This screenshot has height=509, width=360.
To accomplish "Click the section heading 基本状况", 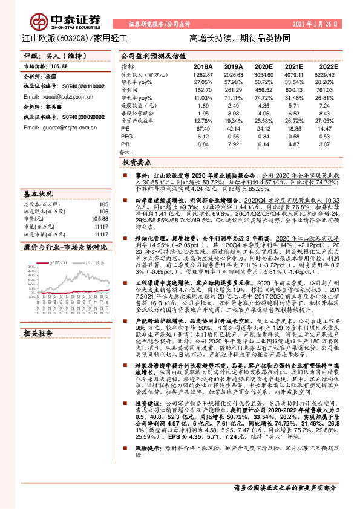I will (x=38, y=195).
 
